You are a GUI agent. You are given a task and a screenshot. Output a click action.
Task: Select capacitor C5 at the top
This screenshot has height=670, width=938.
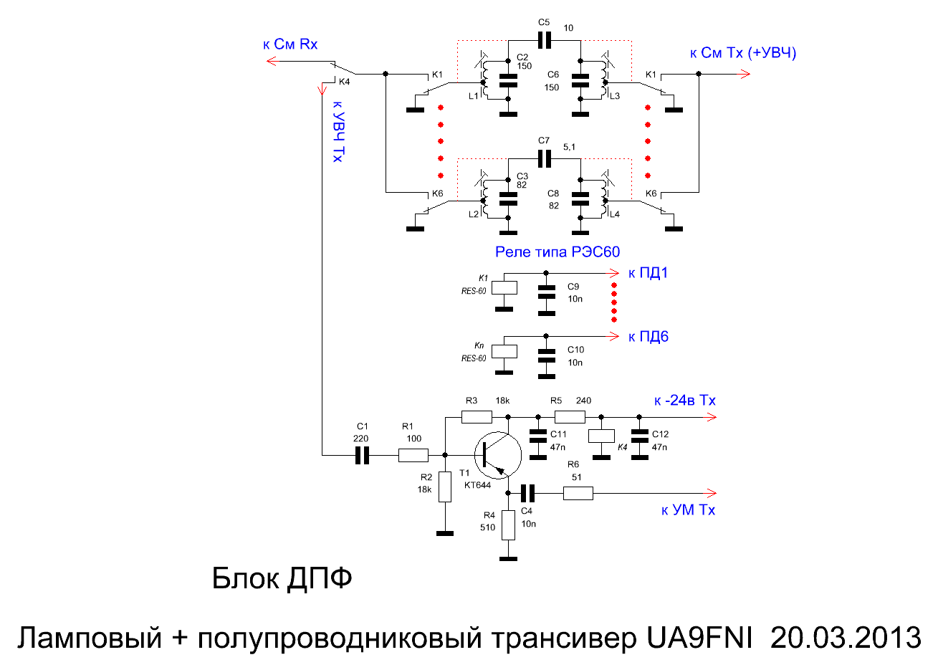[545, 40]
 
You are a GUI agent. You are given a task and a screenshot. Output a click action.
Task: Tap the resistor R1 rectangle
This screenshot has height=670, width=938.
[413, 455]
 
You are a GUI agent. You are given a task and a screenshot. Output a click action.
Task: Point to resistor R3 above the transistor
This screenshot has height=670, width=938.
[477, 416]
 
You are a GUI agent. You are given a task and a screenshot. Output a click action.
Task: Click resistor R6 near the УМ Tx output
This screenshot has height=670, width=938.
[578, 493]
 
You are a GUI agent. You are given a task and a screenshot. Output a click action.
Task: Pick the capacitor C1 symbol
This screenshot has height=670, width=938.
[363, 455]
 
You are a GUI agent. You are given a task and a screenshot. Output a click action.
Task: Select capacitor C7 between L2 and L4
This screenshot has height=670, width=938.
[545, 158]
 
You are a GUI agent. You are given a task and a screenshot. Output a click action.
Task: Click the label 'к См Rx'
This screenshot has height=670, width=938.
[290, 44]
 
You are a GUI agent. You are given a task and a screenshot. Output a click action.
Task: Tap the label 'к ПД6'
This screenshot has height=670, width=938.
[648, 337]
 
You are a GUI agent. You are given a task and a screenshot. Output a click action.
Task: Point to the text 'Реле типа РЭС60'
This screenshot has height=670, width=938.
[557, 252]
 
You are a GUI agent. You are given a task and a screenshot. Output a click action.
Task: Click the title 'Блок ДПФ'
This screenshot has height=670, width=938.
[282, 578]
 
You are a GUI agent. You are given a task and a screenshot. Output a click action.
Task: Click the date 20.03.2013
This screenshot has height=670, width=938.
[846, 637]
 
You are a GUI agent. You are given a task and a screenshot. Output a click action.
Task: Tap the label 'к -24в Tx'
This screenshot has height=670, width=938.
[684, 401]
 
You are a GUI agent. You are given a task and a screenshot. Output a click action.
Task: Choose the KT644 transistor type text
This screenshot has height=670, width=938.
[477, 485]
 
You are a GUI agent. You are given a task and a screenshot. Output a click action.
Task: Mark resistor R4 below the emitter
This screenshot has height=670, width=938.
[508, 525]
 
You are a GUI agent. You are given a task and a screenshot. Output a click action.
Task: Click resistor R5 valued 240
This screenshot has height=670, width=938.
[570, 416]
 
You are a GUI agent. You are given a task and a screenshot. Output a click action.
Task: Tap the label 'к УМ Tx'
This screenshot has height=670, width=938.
[688, 510]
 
